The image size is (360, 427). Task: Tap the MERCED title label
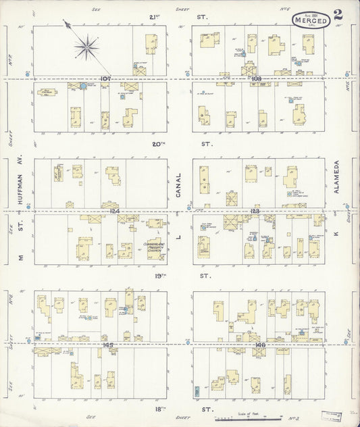coord(312,22)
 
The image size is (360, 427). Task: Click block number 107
coord(105,78)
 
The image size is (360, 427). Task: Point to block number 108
coord(255,78)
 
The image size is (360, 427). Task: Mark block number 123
coord(255,211)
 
